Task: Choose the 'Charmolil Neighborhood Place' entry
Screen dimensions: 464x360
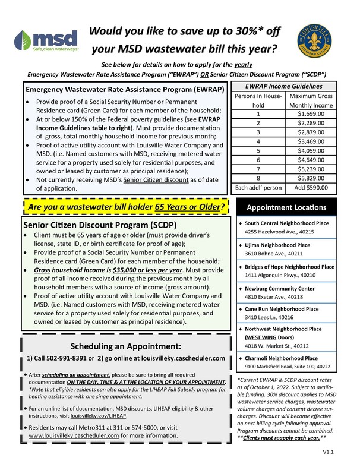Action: [x=285, y=359]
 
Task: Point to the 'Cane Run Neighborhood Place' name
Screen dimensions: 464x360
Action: [x=282, y=309]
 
